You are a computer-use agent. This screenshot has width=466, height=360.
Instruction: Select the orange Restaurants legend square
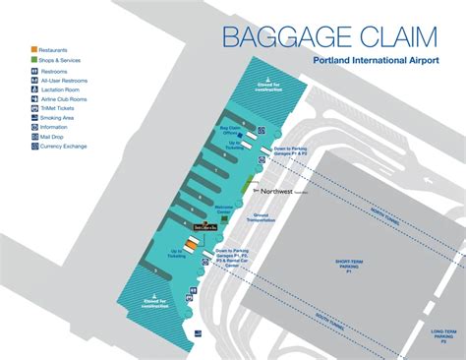[35, 49]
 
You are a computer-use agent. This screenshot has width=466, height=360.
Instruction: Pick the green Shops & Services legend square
[35, 60]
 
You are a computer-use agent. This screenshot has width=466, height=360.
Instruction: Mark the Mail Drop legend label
[55, 136]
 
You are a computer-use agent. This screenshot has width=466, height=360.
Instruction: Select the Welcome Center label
[227, 210]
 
